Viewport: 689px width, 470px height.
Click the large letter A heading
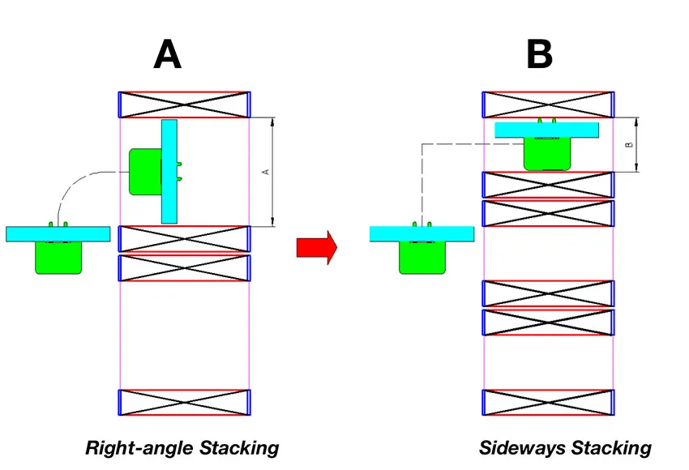pyautogui.click(x=168, y=55)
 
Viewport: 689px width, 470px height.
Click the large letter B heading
pyautogui.click(x=539, y=55)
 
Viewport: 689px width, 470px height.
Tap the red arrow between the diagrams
pyautogui.click(x=316, y=246)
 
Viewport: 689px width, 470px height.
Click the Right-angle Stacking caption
pyautogui.click(x=182, y=447)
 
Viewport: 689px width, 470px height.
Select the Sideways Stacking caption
pyautogui.click(x=565, y=447)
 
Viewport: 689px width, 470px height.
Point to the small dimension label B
pyautogui.click(x=629, y=145)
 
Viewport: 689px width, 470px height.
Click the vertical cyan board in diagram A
pyautogui.click(x=169, y=171)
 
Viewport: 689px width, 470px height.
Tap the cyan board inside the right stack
pyautogui.click(x=546, y=130)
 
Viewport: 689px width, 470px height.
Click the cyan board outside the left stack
pyautogui.click(x=58, y=234)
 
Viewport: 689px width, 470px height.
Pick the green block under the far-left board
pyautogui.click(x=58, y=258)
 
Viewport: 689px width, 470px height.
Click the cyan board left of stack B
pyautogui.click(x=422, y=234)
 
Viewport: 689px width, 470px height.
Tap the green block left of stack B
pyautogui.click(x=422, y=258)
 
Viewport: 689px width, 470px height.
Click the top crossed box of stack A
pyautogui.click(x=184, y=105)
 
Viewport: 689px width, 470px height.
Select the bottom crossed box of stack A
pyautogui.click(x=184, y=402)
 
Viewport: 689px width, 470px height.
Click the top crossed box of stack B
pyautogui.click(x=548, y=105)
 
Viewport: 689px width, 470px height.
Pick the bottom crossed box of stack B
pyautogui.click(x=548, y=402)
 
